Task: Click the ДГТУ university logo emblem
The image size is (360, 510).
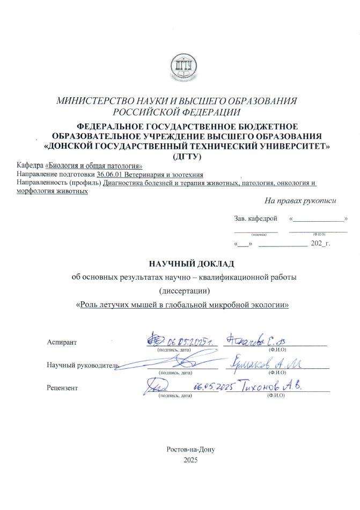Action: [x=180, y=67]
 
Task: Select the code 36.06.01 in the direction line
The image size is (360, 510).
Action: [x=110, y=175]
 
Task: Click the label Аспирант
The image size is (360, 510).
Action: [x=62, y=343]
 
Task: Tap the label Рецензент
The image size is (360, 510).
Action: [x=62, y=388]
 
